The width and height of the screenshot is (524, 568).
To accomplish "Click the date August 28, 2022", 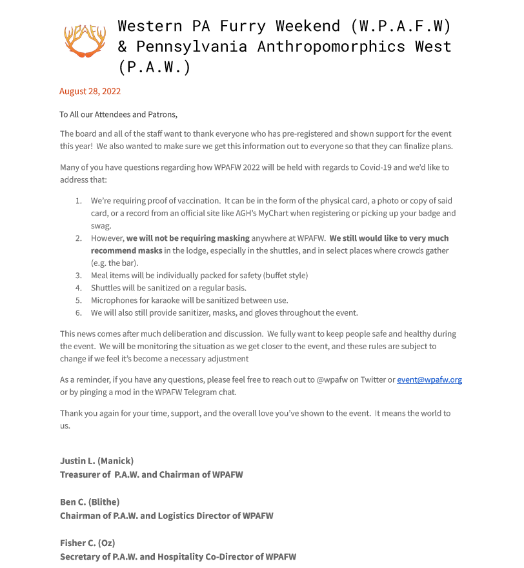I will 90,91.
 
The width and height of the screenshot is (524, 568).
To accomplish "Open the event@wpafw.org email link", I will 429,380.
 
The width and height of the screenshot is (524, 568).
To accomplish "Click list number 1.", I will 79,201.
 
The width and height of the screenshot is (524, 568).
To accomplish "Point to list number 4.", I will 79,288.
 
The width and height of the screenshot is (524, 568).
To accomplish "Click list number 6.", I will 79,312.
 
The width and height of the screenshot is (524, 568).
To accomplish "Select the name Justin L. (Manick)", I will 97,461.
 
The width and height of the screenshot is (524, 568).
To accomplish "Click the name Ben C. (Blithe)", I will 90,502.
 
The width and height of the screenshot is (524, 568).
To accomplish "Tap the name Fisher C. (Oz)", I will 87,543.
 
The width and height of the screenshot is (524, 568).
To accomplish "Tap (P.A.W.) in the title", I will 155,66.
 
